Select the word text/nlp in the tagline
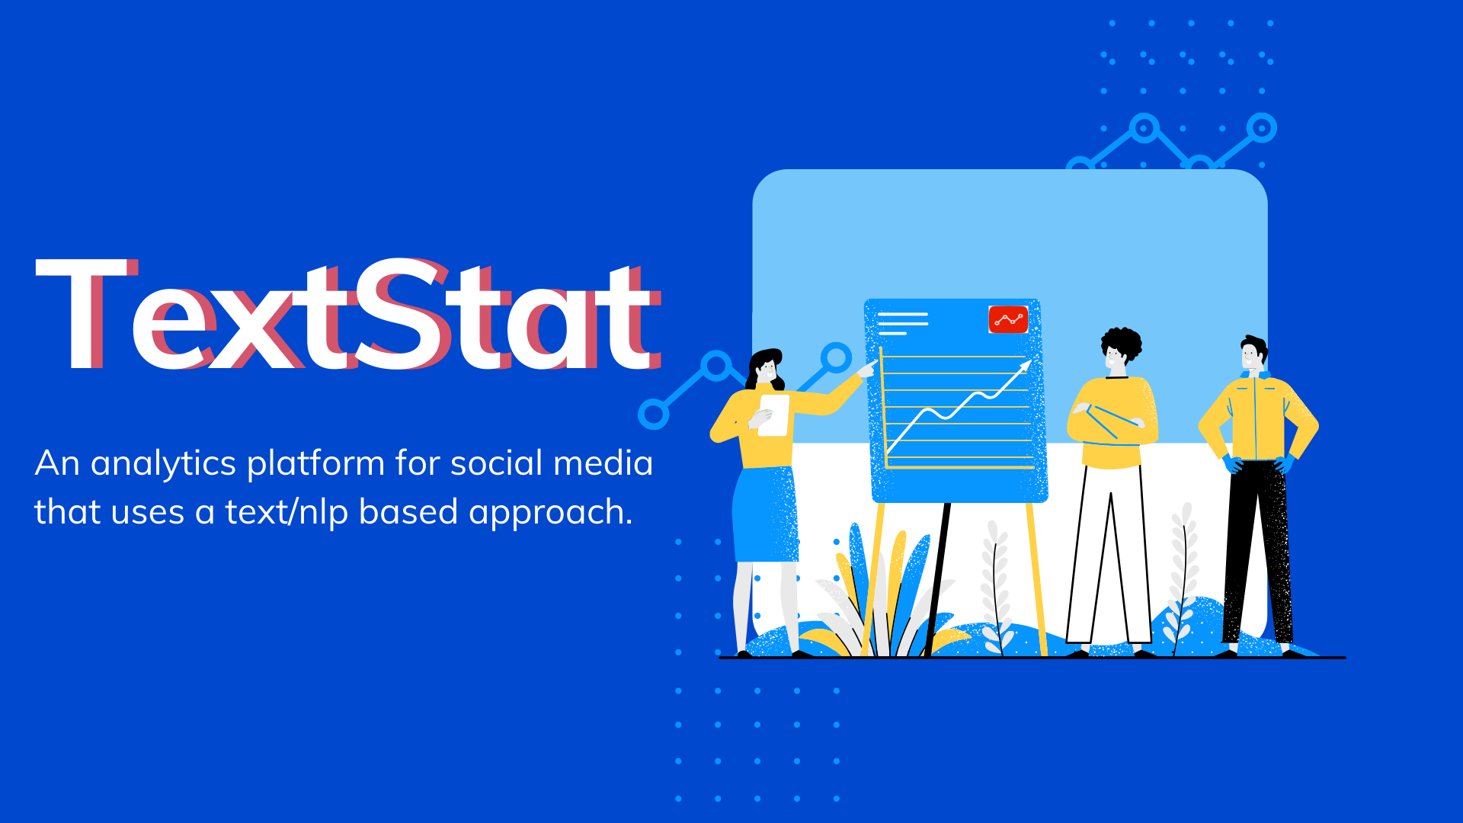[287, 512]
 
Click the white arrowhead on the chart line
[1025, 366]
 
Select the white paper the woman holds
[774, 415]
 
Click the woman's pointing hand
[866, 370]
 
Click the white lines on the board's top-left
[902, 323]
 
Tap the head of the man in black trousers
[1253, 354]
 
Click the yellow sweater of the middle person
[1112, 423]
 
